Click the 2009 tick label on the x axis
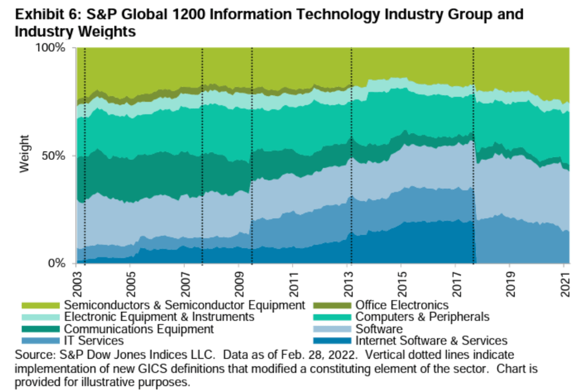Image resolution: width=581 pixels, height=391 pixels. [238, 282]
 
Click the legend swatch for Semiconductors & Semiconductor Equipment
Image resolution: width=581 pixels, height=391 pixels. [40, 305]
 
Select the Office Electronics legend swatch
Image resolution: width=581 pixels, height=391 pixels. [331, 305]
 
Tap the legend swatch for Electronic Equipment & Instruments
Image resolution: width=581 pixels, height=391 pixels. [40, 317]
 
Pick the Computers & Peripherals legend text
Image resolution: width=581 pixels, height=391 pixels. [422, 317]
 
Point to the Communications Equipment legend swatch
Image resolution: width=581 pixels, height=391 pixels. [40, 329]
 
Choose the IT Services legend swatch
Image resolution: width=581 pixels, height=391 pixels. [40, 341]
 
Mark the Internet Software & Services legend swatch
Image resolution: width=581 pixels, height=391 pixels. [331, 341]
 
